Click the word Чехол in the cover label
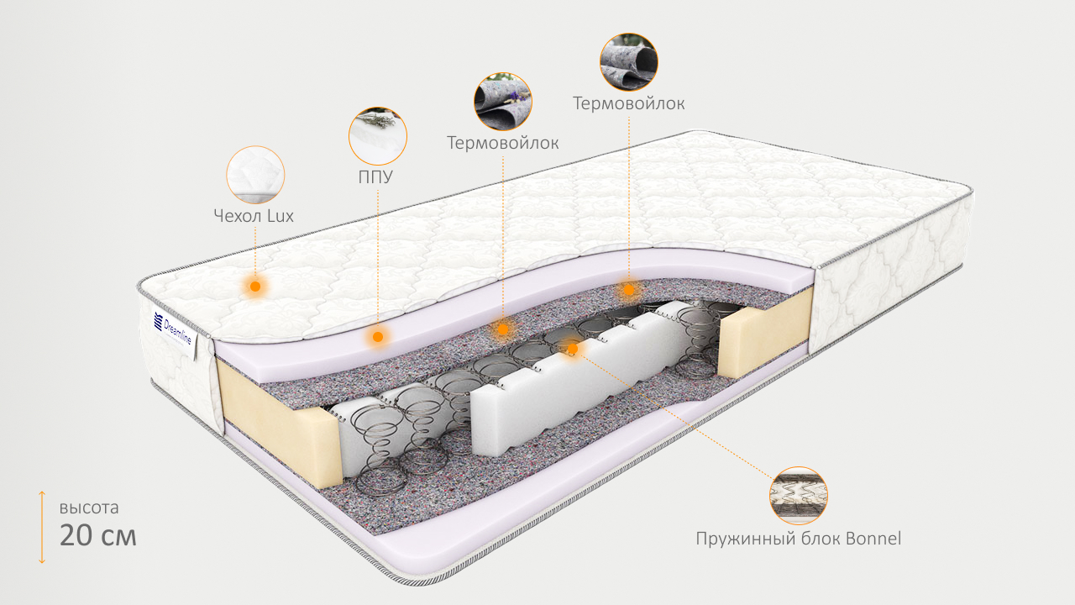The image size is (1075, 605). point(238,216)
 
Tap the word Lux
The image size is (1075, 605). point(281,216)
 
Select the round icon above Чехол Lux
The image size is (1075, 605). point(255,175)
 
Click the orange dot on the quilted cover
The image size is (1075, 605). point(255,287)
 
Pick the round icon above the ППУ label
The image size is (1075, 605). point(377,135)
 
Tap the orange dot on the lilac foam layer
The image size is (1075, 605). point(378,336)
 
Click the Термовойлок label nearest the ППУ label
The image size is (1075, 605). point(502,143)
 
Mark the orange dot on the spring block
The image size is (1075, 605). point(573,347)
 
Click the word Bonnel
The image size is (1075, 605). point(868,539)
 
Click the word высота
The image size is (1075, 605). point(89,508)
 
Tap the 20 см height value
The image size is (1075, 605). point(97,535)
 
